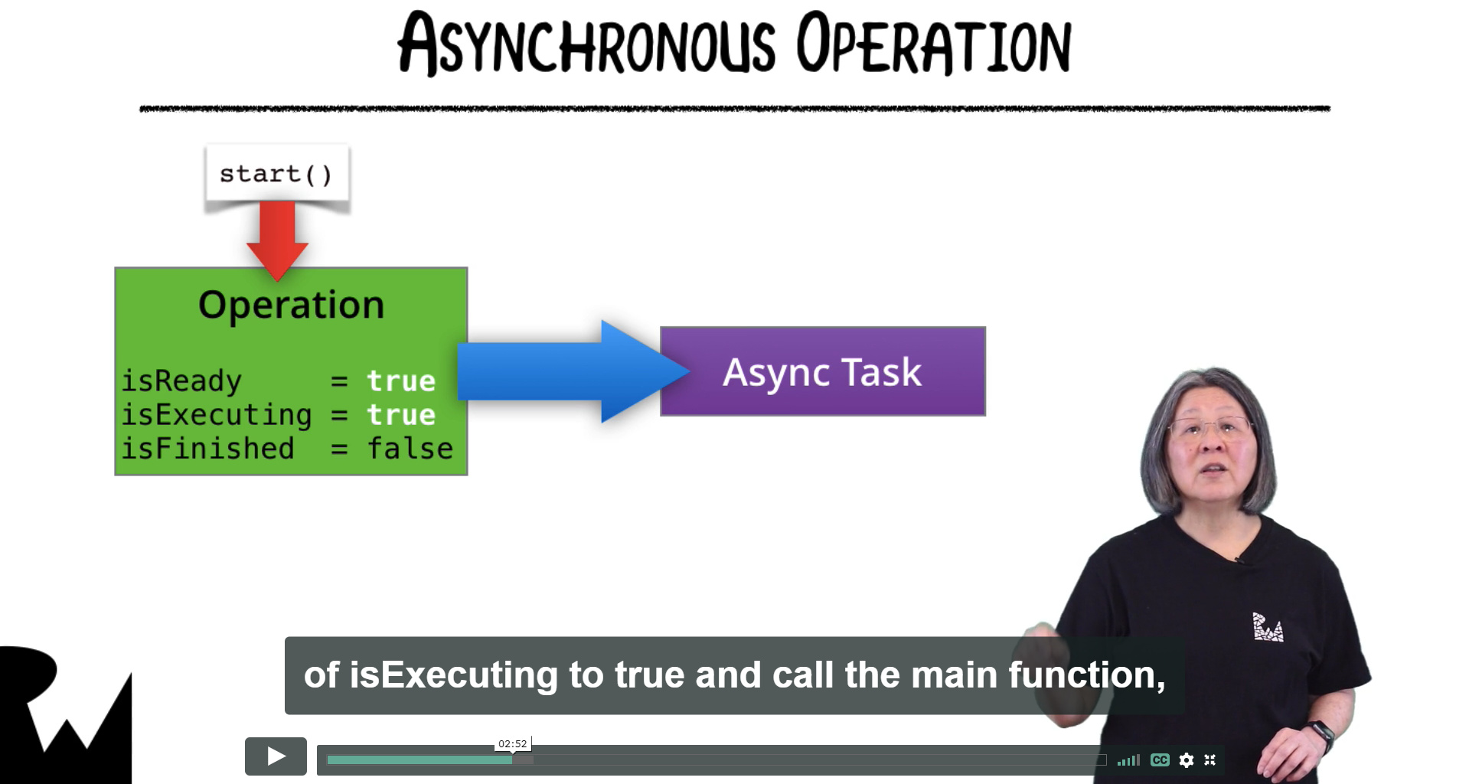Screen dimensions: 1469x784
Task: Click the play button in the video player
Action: (276, 756)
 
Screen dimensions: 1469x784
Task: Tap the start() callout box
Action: (277, 174)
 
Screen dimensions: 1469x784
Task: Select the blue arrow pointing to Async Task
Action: (573, 371)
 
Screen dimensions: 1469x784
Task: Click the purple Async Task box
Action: (823, 371)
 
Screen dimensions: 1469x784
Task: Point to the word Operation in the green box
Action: (291, 305)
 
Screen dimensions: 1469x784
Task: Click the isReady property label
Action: (181, 381)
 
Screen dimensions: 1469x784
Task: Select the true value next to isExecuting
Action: (401, 414)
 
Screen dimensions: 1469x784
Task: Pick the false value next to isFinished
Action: (410, 448)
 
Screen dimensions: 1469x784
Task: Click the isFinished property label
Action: (208, 448)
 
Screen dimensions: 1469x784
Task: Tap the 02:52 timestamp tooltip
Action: (513, 743)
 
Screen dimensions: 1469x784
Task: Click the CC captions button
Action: (1160, 759)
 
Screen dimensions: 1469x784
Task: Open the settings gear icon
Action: (1187, 759)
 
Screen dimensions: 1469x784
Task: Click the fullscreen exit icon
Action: (1210, 759)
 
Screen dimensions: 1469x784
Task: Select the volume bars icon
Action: (1128, 759)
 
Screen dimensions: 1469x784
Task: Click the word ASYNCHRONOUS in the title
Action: (586, 44)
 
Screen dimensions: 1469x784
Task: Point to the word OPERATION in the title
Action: (933, 44)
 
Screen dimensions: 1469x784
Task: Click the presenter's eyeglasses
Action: (1212, 427)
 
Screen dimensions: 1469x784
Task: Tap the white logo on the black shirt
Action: (1268, 626)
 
